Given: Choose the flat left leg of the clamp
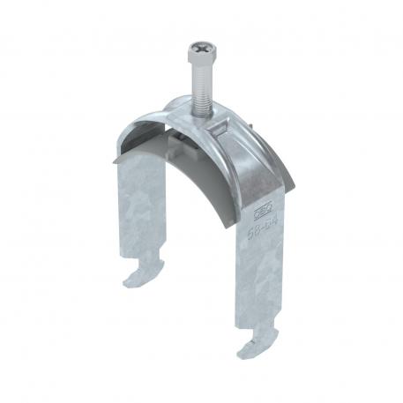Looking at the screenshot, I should tap(140, 212).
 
